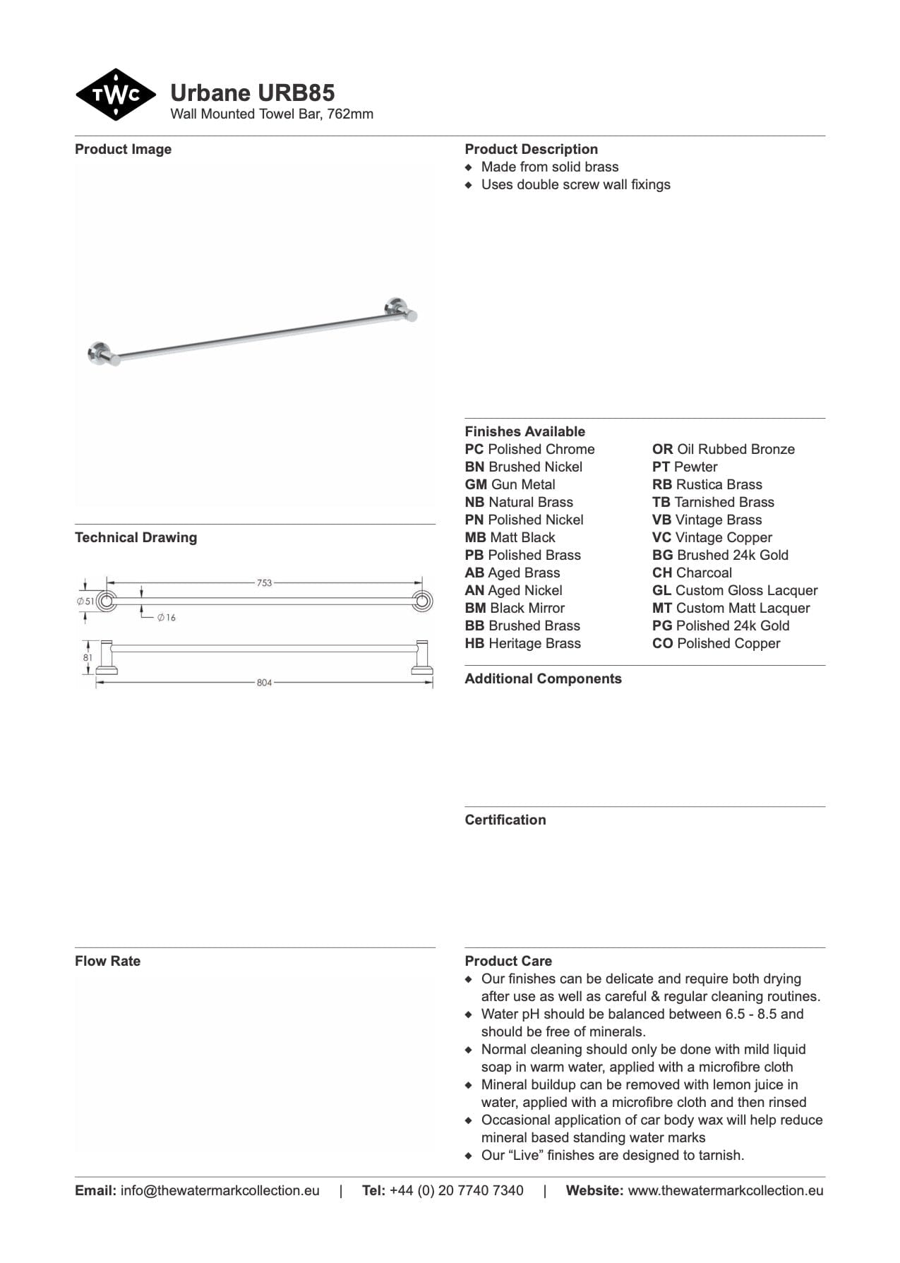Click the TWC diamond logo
pyautogui.click(x=115, y=95)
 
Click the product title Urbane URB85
pyautogui.click(x=252, y=93)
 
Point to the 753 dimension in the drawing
pyautogui.click(x=264, y=583)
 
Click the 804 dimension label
pyautogui.click(x=264, y=683)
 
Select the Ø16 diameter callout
pyautogui.click(x=167, y=618)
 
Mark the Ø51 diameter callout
pyautogui.click(x=85, y=601)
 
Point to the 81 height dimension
pyautogui.click(x=88, y=658)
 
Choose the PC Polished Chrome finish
pyautogui.click(x=529, y=449)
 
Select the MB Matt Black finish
pyautogui.click(x=510, y=537)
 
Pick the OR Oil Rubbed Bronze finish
pyautogui.click(x=723, y=449)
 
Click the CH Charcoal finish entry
pyautogui.click(x=692, y=573)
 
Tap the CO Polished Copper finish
pyautogui.click(x=716, y=643)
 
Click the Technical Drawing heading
pyautogui.click(x=136, y=537)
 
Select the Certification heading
pyautogui.click(x=505, y=820)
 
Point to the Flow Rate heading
pyautogui.click(x=107, y=961)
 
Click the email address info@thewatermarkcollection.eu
pyautogui.click(x=220, y=1190)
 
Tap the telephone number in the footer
pyautogui.click(x=456, y=1190)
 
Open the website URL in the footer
pyautogui.click(x=725, y=1190)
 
